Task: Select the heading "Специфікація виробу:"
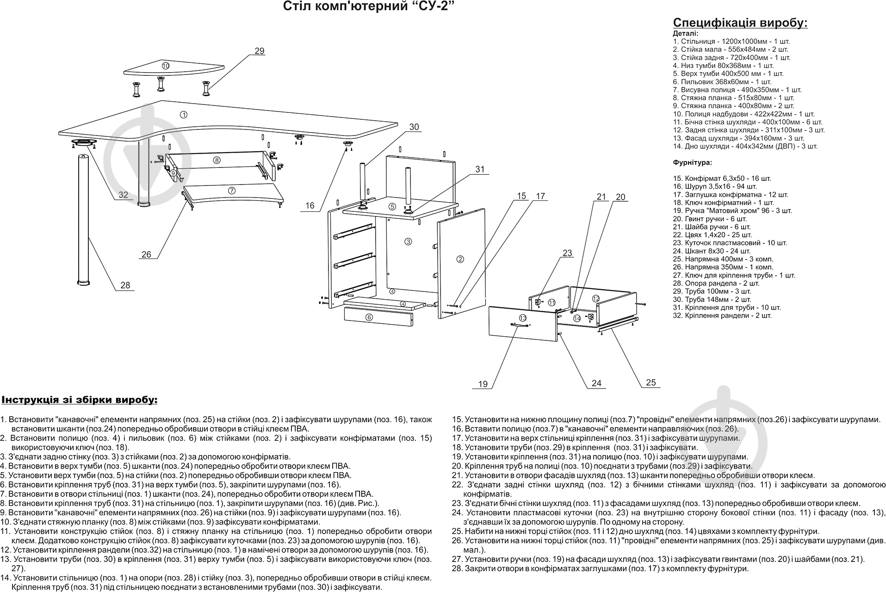point(740,23)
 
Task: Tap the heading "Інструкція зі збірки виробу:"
point(79,400)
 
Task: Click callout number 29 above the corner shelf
point(260,51)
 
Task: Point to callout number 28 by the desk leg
point(125,285)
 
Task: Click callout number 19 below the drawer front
point(483,384)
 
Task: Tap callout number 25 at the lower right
point(651,382)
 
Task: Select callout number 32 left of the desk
point(123,195)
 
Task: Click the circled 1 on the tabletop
point(183,115)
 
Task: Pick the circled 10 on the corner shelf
point(166,66)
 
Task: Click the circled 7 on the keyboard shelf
point(232,190)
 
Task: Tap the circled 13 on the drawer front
point(522,318)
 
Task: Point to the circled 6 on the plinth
point(369,317)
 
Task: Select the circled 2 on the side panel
point(460,259)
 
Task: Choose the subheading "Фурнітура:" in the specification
point(692,162)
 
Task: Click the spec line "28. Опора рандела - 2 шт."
point(716,283)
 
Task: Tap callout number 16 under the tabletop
point(310,206)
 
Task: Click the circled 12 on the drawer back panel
point(596,299)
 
